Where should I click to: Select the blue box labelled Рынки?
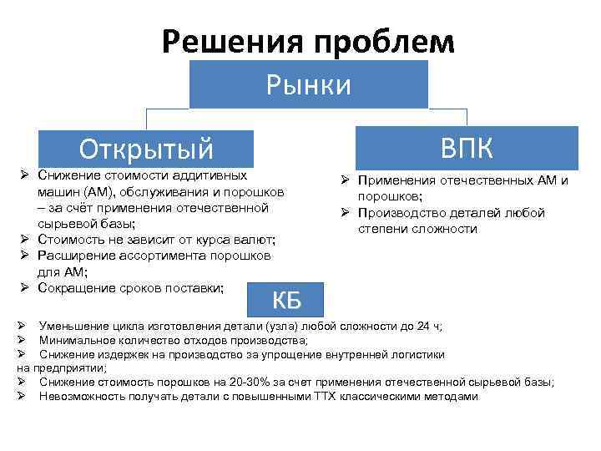308,84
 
